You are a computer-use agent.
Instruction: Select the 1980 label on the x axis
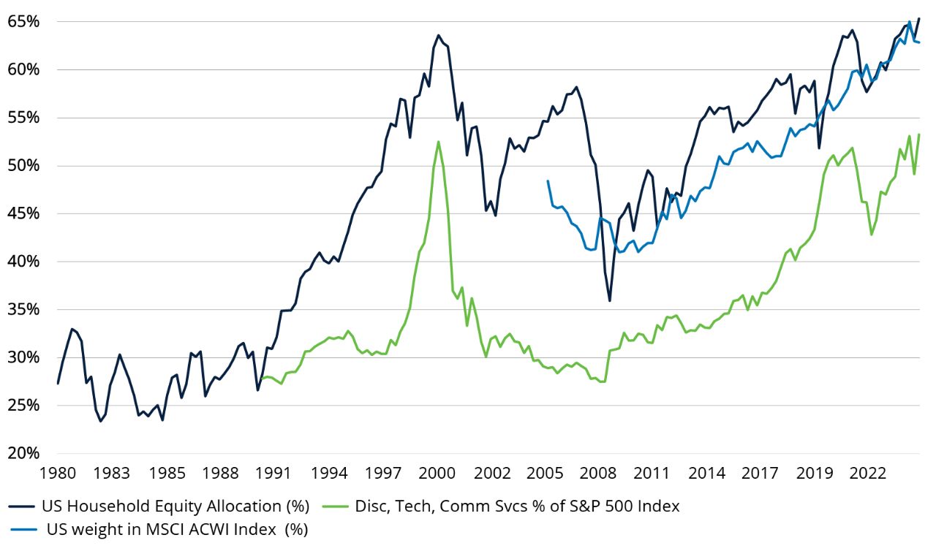point(58,474)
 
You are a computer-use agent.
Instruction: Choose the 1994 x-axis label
point(330,474)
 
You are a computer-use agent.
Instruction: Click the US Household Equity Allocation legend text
point(175,506)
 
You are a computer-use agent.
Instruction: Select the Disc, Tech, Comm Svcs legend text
point(517,506)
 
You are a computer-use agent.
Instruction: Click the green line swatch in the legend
point(335,506)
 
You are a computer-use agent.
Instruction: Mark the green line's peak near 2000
point(438,142)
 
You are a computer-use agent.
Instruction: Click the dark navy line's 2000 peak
point(438,35)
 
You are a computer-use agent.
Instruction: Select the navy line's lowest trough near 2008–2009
point(609,300)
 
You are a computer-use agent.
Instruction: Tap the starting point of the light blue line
point(548,181)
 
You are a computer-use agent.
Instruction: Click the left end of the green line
point(262,379)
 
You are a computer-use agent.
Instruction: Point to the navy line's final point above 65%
point(919,18)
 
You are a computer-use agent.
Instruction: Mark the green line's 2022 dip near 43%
point(871,235)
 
